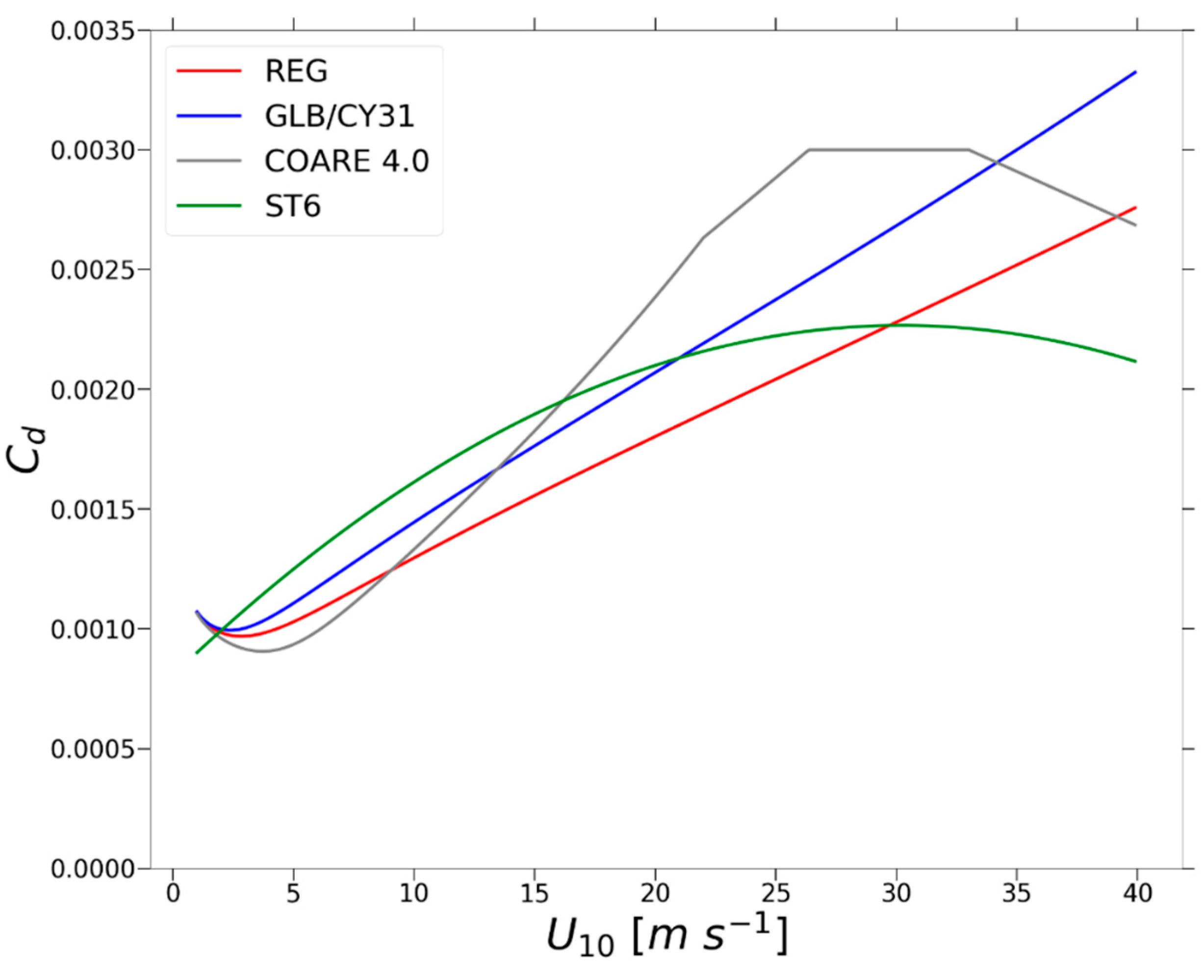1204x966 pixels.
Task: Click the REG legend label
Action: coord(296,72)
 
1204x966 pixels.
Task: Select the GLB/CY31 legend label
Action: coord(339,117)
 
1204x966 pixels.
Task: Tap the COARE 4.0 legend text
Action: coord(346,162)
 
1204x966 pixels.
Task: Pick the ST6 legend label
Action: coord(293,207)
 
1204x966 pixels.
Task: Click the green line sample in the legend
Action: coord(209,206)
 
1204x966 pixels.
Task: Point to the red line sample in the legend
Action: coord(209,71)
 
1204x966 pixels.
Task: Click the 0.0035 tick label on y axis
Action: coord(93,31)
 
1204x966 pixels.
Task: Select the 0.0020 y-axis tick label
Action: coord(93,390)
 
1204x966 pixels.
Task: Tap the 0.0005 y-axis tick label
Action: coord(93,749)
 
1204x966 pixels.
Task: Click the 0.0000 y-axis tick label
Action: coord(93,869)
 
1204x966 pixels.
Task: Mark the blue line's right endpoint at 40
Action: coord(1136,72)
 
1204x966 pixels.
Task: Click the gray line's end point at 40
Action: coord(1136,225)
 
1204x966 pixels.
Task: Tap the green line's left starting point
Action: coord(197,652)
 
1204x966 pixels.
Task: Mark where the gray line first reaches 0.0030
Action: coord(809,149)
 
